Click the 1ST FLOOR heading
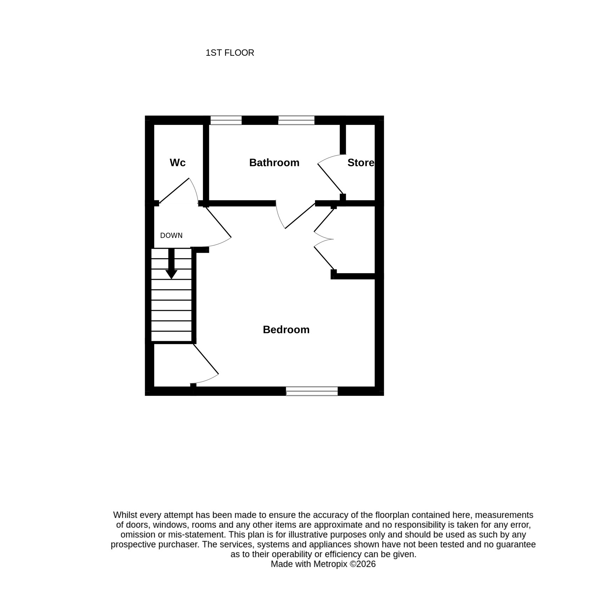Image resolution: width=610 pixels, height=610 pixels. [230, 53]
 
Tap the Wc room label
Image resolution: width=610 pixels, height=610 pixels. [177, 163]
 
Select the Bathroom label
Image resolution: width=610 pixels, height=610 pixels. [274, 163]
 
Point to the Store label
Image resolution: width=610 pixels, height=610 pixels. [361, 163]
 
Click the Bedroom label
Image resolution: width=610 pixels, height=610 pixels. [286, 330]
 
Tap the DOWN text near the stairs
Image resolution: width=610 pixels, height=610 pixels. [171, 235]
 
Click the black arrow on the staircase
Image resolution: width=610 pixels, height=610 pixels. [171, 264]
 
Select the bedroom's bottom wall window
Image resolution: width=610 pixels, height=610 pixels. [312, 391]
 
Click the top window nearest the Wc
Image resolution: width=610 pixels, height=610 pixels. [226, 120]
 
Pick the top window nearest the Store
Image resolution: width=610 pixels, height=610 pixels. [296, 120]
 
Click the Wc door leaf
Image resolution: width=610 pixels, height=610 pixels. [174, 191]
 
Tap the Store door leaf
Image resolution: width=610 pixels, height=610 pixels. [330, 179]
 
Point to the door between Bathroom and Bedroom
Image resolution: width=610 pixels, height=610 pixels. [300, 216]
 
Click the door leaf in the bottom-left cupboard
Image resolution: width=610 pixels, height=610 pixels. [206, 359]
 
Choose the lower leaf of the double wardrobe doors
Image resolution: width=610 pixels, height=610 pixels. [324, 258]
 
